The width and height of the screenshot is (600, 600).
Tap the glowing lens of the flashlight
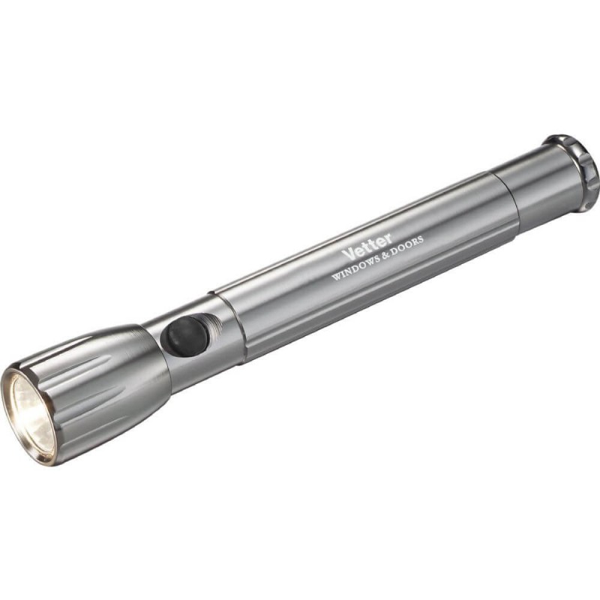[x=31, y=415]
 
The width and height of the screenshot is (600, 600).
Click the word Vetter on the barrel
[x=367, y=247]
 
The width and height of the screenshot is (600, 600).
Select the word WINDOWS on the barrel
[x=358, y=268]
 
